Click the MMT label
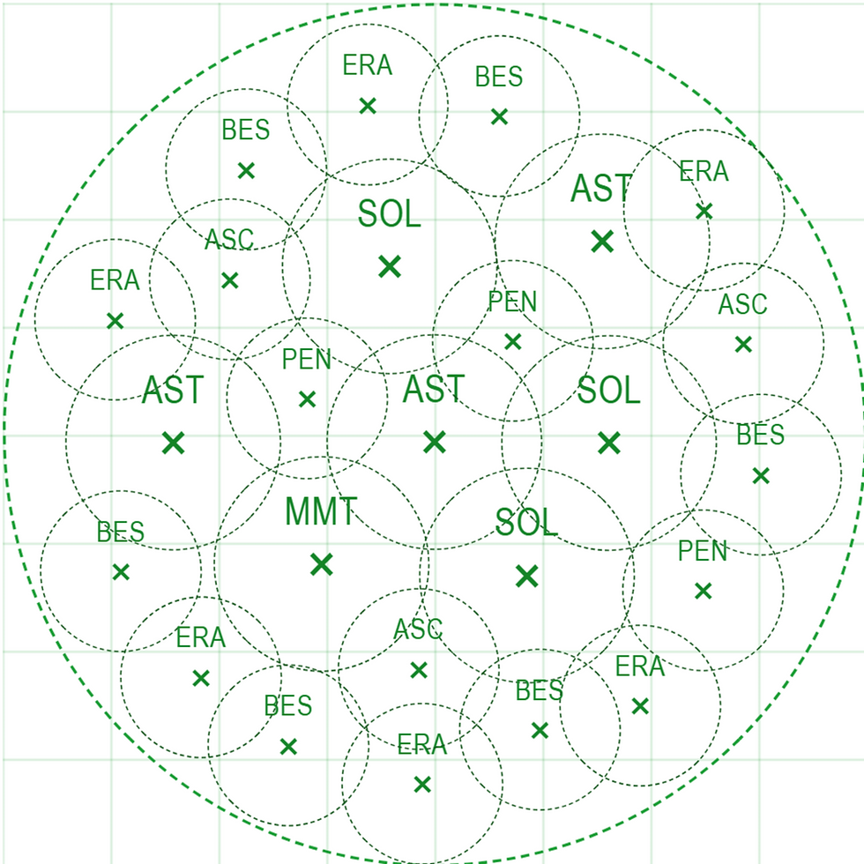pyautogui.click(x=321, y=511)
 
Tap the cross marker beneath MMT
pyautogui.click(x=321, y=564)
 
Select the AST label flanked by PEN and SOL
pyautogui.click(x=434, y=389)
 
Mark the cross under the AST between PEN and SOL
pyautogui.click(x=434, y=442)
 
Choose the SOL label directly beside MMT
pyautogui.click(x=527, y=522)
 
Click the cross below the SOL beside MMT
pyautogui.click(x=527, y=576)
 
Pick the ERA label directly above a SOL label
pyautogui.click(x=368, y=65)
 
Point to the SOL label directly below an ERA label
pyautogui.click(x=390, y=213)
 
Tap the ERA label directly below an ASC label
pyautogui.click(x=422, y=744)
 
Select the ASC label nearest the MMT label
pyautogui.click(x=418, y=629)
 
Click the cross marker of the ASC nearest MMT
pyautogui.click(x=419, y=670)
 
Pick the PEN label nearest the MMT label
pyautogui.click(x=307, y=360)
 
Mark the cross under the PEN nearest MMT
pyautogui.click(x=307, y=398)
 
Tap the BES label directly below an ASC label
pyautogui.click(x=760, y=435)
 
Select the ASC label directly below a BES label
pyautogui.click(x=229, y=240)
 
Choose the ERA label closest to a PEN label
pyautogui.click(x=640, y=667)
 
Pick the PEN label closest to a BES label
pyautogui.click(x=703, y=551)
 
